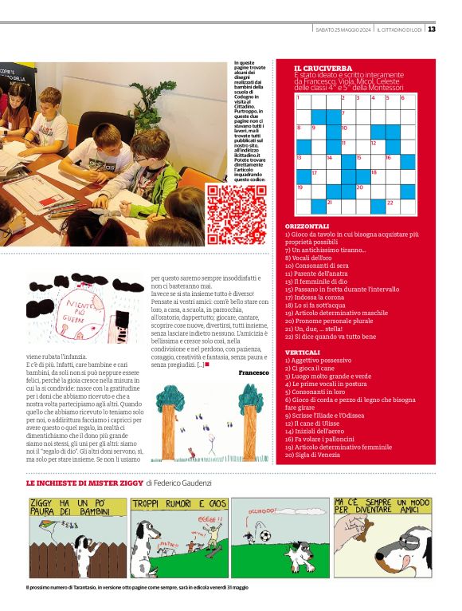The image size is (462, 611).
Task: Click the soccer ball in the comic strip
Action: (x=264, y=536)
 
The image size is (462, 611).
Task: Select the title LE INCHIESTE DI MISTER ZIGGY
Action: (x=84, y=483)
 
